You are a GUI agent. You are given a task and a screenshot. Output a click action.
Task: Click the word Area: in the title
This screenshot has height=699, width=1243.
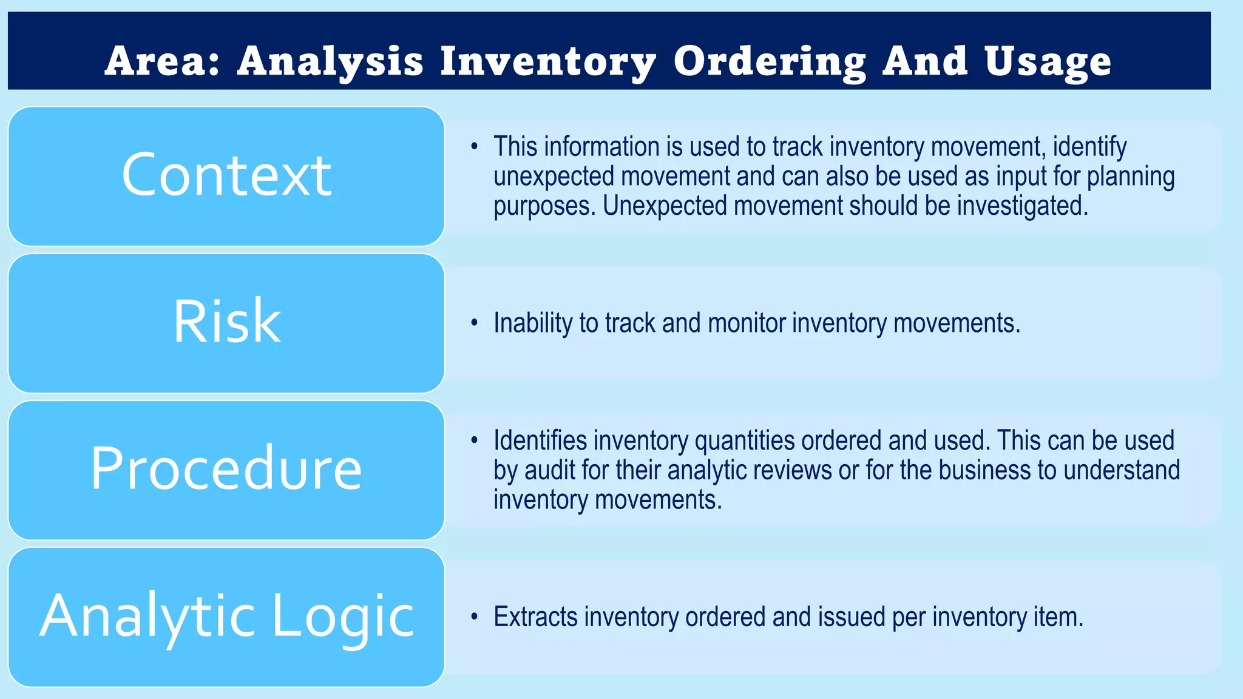162,61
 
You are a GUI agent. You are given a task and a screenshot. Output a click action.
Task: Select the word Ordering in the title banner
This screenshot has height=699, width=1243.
770,61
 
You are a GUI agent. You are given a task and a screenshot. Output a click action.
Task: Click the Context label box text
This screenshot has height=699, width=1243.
226,175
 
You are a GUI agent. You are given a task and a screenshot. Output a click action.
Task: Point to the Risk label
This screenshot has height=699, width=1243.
226,322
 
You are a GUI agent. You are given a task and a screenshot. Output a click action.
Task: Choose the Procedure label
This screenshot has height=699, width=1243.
226,468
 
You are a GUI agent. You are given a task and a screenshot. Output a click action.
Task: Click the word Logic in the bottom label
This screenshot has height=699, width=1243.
343,616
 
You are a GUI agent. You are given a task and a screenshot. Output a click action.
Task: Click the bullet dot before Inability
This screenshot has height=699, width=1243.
475,323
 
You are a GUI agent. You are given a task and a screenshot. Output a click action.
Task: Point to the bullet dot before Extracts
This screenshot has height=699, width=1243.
475,617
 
